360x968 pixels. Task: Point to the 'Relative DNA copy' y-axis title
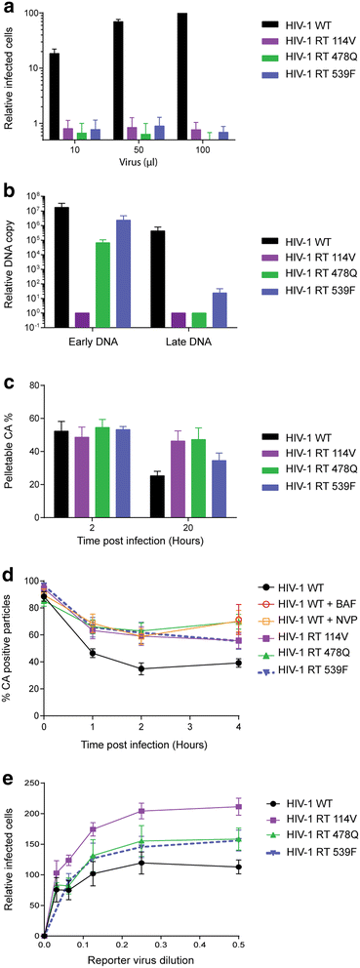10,263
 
